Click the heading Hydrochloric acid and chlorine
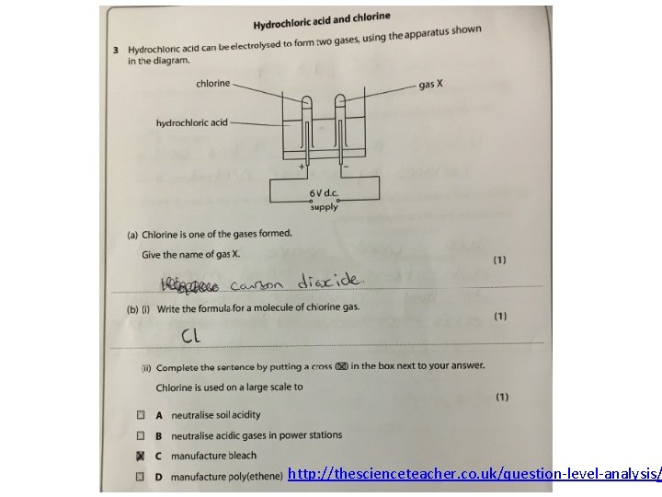pos(322,19)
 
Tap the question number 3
pos(115,49)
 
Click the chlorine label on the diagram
pos(212,83)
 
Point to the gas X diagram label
pos(430,84)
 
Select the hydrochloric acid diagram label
pos(191,121)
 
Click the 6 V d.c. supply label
pos(324,200)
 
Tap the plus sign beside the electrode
pos(302,167)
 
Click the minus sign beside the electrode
pos(346,167)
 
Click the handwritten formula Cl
pos(190,337)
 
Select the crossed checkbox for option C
pos(141,456)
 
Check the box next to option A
pos(141,415)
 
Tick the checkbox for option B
pos(141,435)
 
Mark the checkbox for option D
pos(141,476)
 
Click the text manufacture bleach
pos(213,456)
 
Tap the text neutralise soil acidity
pos(215,415)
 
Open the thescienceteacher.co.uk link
pos(474,474)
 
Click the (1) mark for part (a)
pos(499,259)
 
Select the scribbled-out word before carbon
pos(192,284)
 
